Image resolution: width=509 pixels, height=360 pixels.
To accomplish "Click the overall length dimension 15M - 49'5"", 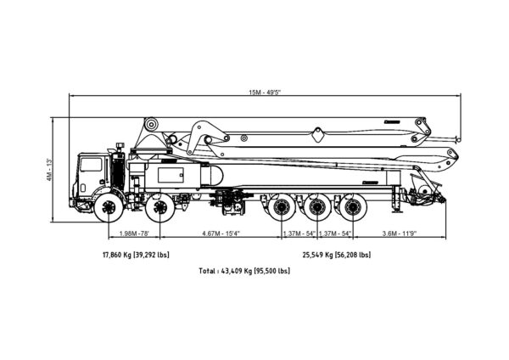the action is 265,93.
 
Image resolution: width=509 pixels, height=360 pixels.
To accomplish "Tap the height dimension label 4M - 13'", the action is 49,170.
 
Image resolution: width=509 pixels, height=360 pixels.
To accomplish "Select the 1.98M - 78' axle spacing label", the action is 134,233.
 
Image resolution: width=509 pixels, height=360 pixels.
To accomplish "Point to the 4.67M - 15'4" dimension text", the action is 221,233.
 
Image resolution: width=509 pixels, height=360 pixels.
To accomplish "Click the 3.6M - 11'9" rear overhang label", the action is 399,233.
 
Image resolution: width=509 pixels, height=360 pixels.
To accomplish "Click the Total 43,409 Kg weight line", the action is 244,271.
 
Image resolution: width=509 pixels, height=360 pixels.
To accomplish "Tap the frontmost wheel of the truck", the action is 109,207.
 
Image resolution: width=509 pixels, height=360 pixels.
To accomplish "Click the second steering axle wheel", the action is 160,207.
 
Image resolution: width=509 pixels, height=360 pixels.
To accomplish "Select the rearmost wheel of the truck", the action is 353,207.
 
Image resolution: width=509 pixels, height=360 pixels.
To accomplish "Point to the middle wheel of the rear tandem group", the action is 317,207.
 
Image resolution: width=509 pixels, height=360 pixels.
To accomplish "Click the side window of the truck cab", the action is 91,165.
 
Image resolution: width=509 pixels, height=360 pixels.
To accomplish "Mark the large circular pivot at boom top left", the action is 151,124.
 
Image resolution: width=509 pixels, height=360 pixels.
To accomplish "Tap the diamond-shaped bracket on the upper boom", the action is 318,135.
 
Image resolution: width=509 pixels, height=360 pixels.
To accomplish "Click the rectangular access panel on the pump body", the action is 171,175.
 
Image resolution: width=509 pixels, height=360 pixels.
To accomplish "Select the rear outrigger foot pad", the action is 397,211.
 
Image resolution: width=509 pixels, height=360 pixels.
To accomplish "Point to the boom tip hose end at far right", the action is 458,139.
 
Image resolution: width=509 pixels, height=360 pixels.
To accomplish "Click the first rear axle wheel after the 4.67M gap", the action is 281,207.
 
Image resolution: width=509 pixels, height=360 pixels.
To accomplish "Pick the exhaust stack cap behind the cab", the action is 120,145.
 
